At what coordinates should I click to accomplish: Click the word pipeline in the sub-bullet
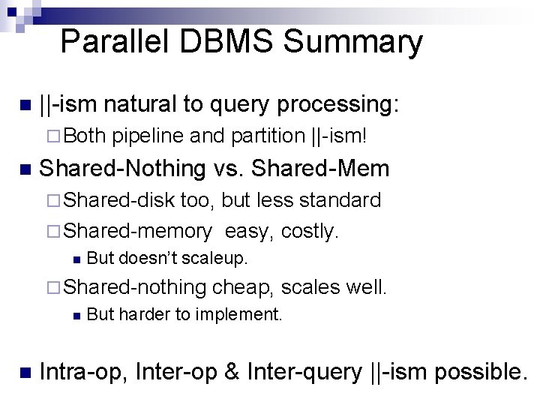coord(148,136)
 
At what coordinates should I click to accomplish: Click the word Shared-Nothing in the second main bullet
coord(121,168)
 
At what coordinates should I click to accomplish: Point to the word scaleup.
coord(220,259)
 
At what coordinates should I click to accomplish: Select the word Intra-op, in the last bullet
coord(84,371)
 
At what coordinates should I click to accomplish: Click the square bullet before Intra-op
coord(24,371)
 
